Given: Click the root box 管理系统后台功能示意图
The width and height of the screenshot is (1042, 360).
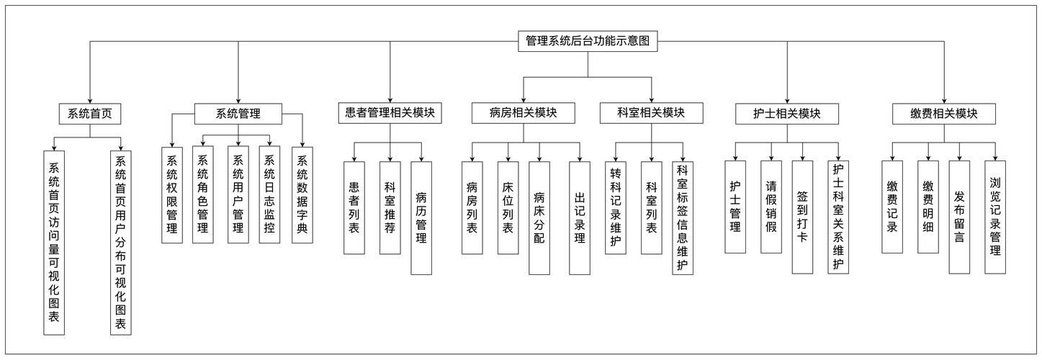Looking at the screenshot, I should (x=588, y=41).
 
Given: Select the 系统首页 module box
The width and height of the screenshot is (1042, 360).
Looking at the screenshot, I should (x=90, y=113).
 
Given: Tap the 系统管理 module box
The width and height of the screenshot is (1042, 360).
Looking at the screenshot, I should (x=238, y=113).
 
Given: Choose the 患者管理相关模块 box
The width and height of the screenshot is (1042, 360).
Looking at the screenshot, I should (x=390, y=113).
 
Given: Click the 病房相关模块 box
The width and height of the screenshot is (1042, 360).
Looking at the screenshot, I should (x=524, y=113).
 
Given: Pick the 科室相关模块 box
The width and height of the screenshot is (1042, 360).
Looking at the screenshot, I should (x=651, y=113).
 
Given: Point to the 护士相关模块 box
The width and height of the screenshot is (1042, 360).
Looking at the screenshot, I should (x=786, y=114).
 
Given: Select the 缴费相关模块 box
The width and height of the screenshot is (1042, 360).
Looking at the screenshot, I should (x=943, y=114).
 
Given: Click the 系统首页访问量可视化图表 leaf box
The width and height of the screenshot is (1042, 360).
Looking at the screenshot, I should (x=54, y=242).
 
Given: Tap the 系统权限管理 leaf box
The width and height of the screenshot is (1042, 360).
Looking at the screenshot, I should (x=172, y=194).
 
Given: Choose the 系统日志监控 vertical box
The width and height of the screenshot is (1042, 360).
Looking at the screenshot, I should (x=269, y=194).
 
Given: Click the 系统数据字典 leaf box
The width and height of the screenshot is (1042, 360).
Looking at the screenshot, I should (x=302, y=194).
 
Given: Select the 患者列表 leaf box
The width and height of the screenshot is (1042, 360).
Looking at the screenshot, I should (x=354, y=207).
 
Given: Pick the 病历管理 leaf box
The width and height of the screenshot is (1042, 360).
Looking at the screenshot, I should (x=421, y=217).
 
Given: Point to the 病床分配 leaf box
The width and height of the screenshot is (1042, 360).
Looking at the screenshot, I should (x=539, y=217).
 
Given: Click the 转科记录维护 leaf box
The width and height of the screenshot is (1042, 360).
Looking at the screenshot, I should (x=616, y=207).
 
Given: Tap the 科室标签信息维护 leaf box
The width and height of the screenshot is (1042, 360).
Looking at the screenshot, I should (x=683, y=217).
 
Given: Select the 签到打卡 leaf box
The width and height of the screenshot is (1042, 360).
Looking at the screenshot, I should (x=802, y=217).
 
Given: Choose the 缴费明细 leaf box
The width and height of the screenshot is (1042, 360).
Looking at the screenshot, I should (x=928, y=207).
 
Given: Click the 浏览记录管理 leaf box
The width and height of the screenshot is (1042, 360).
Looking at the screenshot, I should (x=995, y=217).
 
